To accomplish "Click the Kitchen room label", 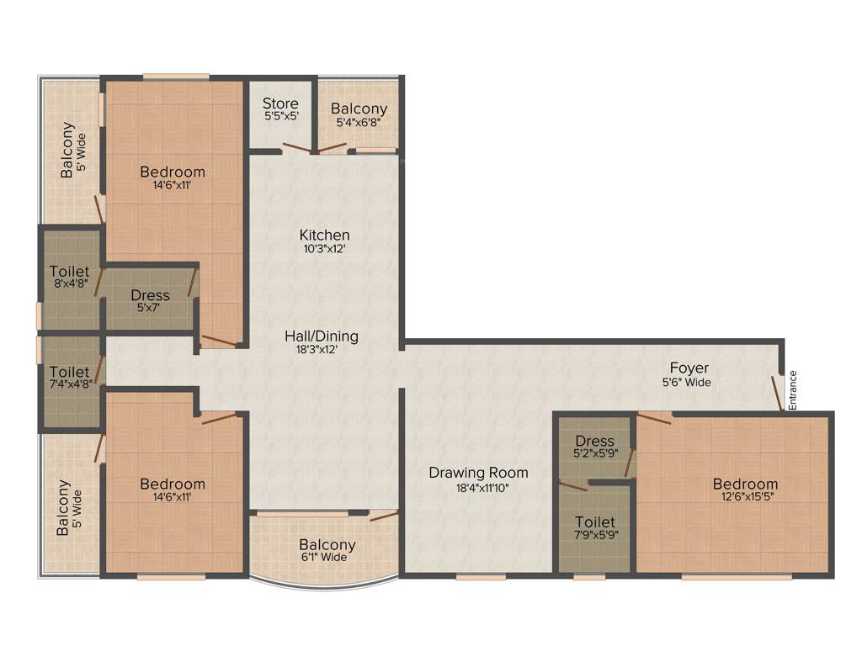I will (x=324, y=235).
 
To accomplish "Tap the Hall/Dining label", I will (x=321, y=336).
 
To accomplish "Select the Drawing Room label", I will (x=478, y=473).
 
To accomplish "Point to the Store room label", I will (x=280, y=104).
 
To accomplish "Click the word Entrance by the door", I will (x=792, y=390).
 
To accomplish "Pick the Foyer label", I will (x=689, y=368).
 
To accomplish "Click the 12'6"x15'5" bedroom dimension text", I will (x=745, y=498).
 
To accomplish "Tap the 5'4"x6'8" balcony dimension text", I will (x=359, y=123).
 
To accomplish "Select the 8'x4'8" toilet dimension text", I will (x=69, y=285).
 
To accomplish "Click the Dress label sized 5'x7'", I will (x=150, y=295).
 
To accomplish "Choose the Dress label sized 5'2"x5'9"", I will (x=594, y=442).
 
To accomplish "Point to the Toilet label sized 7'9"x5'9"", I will (x=594, y=522).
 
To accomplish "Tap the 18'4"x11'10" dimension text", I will (x=477, y=487).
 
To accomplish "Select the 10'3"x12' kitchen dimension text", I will (x=324, y=249).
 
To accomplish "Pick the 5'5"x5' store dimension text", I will (x=280, y=118).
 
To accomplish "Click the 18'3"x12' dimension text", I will (x=321, y=350).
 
